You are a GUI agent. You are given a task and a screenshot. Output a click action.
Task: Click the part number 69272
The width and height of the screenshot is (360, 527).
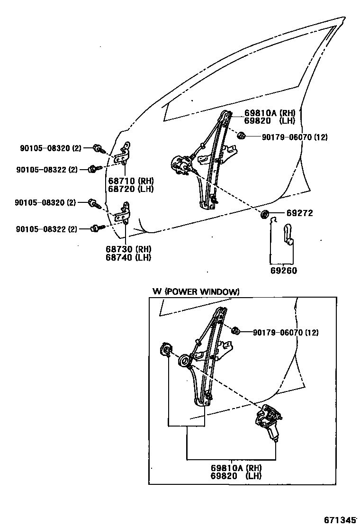click(299, 214)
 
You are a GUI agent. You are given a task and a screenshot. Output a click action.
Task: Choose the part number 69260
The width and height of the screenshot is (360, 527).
click(284, 271)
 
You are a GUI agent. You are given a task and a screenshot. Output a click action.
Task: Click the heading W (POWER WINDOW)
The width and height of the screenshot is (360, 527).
click(196, 291)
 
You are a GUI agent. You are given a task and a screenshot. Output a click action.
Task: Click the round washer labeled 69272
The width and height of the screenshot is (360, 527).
click(265, 214)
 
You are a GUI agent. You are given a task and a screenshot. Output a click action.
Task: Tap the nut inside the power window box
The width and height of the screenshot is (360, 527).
click(234, 330)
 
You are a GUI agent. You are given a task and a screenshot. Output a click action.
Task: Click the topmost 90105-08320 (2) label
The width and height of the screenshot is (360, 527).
click(51, 148)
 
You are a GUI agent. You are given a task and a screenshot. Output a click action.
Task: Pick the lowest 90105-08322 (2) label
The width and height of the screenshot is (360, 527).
click(46, 229)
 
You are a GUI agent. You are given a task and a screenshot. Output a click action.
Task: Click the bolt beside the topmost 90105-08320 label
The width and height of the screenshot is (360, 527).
click(99, 148)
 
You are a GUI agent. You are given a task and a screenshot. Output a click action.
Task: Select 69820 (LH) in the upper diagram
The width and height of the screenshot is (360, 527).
click(270, 121)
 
